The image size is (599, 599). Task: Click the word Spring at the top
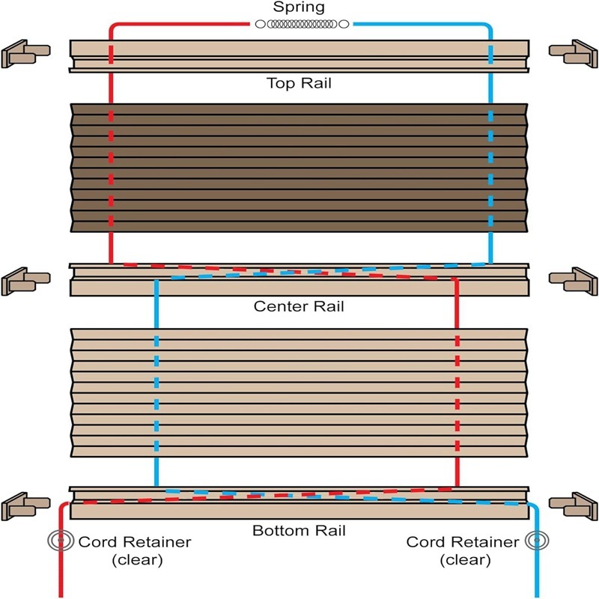(x=299, y=7)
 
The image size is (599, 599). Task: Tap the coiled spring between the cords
(x=302, y=24)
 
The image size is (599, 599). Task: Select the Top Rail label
(x=299, y=83)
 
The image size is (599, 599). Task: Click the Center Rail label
(x=299, y=306)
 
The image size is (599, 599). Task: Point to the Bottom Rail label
(x=299, y=530)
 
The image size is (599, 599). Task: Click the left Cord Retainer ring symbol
(x=61, y=540)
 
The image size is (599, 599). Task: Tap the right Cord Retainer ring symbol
(x=537, y=540)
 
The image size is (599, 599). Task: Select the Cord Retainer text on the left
(x=135, y=541)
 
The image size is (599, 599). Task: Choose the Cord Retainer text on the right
(x=463, y=541)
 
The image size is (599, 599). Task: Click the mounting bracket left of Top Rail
(x=25, y=53)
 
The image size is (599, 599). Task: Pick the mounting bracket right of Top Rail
(x=573, y=53)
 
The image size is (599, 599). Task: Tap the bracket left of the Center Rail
(x=25, y=282)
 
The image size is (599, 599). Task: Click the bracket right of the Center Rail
(x=573, y=282)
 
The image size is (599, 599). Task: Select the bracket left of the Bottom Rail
(x=25, y=506)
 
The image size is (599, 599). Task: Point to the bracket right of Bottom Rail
(x=573, y=506)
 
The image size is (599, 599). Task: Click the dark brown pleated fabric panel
(x=299, y=168)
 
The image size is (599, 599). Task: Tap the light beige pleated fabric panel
(x=299, y=392)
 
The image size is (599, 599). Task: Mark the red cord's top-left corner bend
(x=112, y=26)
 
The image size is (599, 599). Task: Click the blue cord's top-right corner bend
(x=489, y=26)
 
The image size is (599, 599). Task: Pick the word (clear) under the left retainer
(x=137, y=560)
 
